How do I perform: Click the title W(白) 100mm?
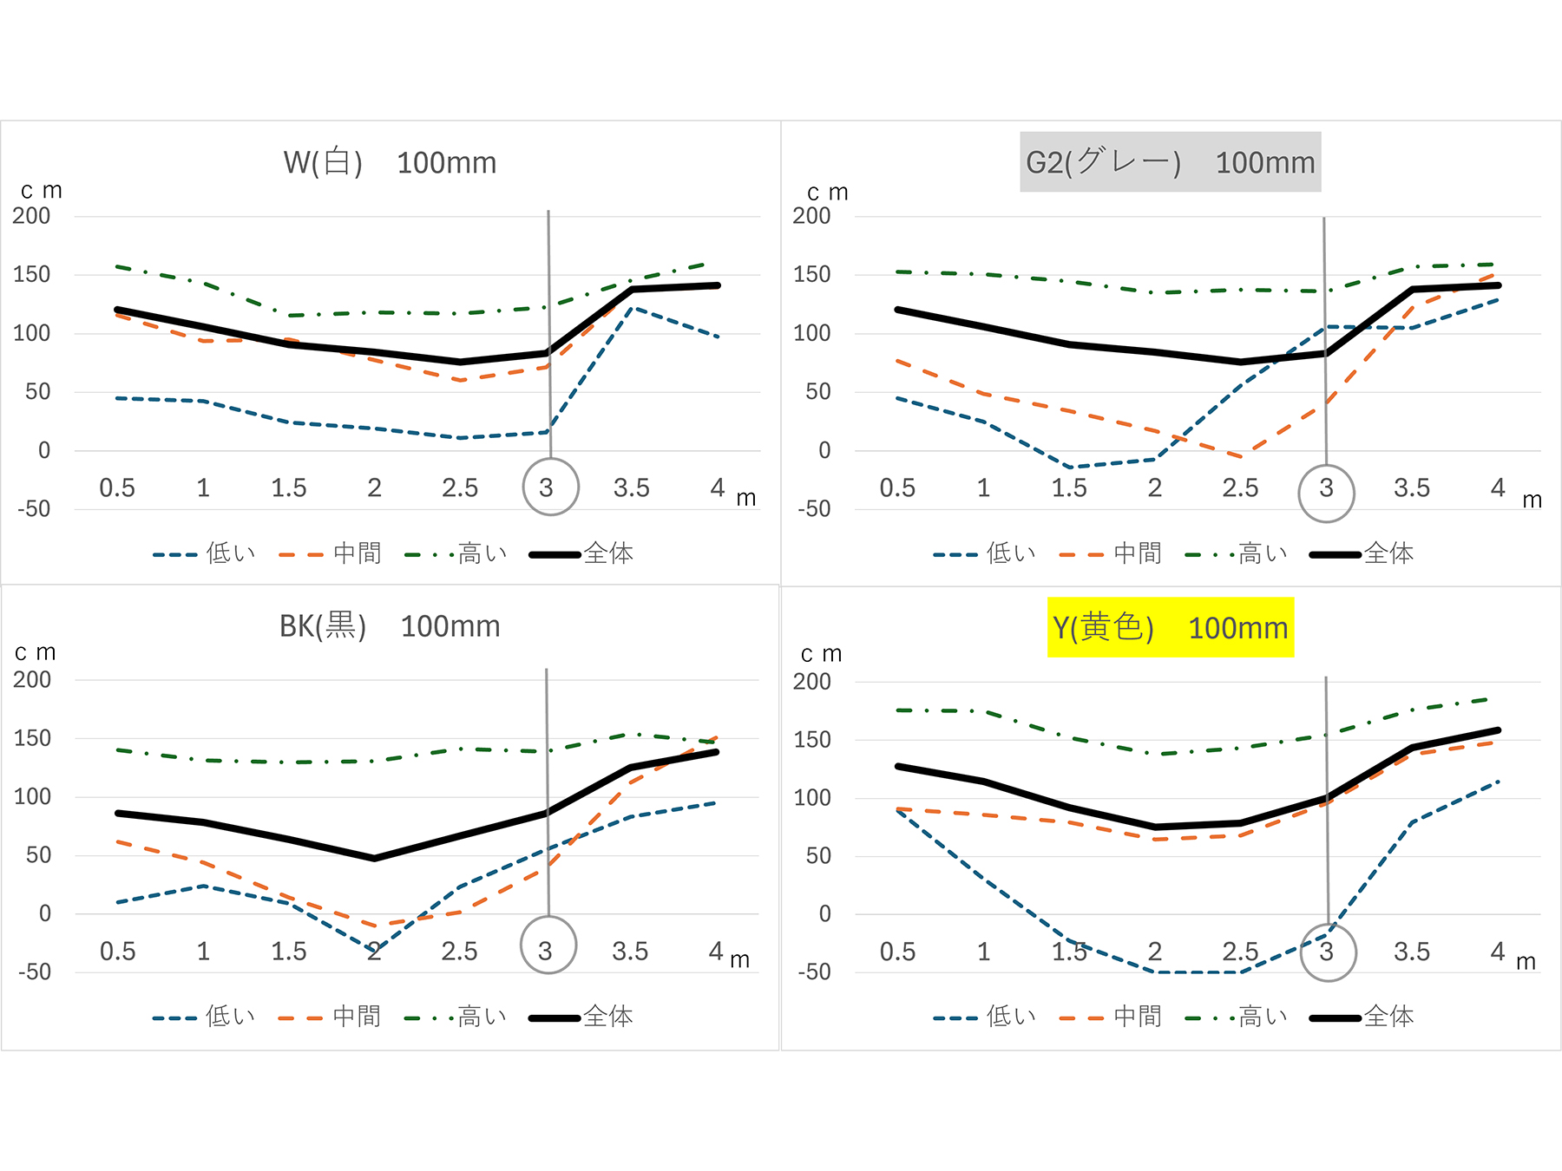click(390, 162)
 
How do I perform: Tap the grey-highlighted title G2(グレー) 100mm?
click(1170, 162)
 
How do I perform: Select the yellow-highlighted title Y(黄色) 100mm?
click(1170, 627)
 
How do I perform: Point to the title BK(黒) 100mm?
click(390, 626)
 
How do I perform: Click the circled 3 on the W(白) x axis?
click(550, 487)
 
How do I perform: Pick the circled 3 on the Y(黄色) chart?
click(1328, 952)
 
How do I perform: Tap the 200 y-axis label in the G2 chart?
click(811, 216)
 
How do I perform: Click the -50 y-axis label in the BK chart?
click(35, 971)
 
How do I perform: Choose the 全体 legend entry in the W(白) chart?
click(607, 553)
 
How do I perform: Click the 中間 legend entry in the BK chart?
click(357, 1016)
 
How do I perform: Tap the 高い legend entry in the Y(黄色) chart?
click(1263, 1016)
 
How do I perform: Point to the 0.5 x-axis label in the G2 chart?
click(897, 487)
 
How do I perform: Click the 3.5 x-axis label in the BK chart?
click(630, 952)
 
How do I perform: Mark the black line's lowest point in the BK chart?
click(374, 859)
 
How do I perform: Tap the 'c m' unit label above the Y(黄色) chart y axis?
click(821, 653)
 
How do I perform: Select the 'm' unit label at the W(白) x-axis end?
click(746, 499)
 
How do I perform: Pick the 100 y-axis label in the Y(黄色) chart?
click(812, 797)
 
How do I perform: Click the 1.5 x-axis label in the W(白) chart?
click(289, 487)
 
